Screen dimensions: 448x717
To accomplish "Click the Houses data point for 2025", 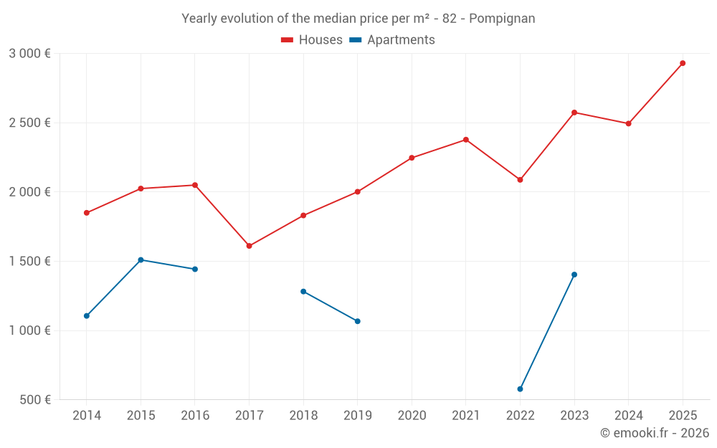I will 683,63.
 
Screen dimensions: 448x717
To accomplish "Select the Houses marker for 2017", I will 249,246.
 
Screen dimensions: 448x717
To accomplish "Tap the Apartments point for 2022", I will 520,389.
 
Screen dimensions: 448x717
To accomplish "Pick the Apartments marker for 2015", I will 141,259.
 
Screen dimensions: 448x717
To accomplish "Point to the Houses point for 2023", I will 574,113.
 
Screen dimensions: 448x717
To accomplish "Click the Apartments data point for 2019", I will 357,321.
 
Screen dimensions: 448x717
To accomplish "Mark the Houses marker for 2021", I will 466,140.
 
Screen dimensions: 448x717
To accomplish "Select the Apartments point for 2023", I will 574,275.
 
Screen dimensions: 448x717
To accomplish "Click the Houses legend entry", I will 312,40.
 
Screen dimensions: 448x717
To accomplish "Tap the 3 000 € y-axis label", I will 30,54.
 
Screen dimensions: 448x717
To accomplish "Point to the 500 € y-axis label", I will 35,400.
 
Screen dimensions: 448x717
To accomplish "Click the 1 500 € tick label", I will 30,262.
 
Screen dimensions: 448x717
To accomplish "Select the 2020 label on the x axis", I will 412,416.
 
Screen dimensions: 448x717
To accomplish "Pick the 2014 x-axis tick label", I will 87,416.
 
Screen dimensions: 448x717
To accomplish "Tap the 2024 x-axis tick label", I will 629,416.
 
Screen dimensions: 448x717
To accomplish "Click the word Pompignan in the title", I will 502,19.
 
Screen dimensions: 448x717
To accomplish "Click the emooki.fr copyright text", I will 655,433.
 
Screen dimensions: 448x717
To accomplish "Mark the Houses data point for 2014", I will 87,213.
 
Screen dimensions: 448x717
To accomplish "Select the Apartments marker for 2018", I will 303,292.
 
